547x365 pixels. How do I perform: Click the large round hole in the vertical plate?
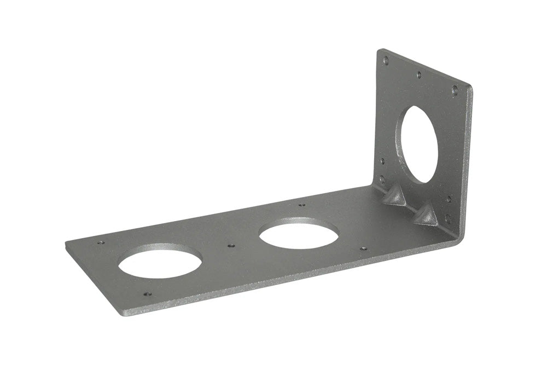[420, 144]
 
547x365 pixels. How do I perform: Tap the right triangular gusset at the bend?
[426, 214]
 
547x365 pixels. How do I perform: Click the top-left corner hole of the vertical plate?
[386, 61]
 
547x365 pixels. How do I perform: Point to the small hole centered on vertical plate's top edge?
[419, 75]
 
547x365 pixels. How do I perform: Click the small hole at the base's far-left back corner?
[100, 242]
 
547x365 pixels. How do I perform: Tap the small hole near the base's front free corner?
[147, 294]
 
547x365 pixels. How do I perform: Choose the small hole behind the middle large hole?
[301, 205]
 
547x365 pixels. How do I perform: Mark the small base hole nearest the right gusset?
[363, 248]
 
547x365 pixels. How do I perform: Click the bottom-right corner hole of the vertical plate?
[447, 218]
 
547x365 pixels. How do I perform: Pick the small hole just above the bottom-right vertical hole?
[449, 199]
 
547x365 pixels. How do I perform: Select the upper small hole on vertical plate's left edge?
[382, 161]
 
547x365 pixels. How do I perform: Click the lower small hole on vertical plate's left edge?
[382, 178]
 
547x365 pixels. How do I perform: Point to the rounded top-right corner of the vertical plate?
[469, 88]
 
